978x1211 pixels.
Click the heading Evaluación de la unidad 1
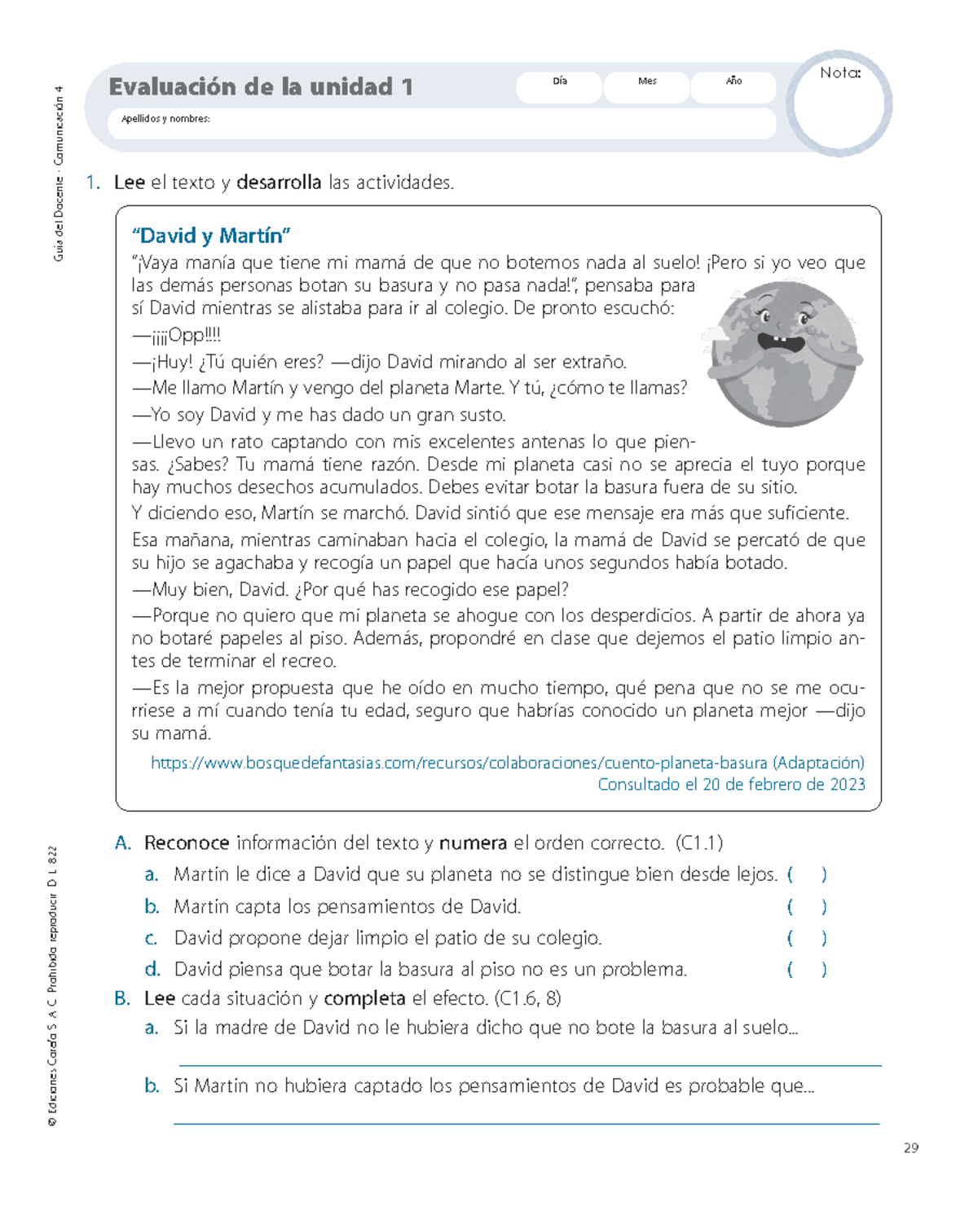point(261,86)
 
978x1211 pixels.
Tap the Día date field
point(560,87)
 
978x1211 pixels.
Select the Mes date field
point(647,87)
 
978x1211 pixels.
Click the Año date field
point(733,87)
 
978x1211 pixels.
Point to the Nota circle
point(839,104)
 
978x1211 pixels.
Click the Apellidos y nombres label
point(165,119)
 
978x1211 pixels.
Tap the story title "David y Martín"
point(212,236)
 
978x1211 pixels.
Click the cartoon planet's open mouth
point(778,340)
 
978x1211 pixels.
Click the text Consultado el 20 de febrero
point(731,784)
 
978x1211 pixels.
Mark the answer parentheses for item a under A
point(807,874)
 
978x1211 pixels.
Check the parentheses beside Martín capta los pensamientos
point(807,906)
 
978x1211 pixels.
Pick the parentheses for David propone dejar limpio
point(807,938)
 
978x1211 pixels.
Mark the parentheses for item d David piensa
point(807,969)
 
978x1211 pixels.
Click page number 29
point(911,1147)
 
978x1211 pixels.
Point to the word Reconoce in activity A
point(187,843)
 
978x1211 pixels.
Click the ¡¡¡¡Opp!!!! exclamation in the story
point(177,335)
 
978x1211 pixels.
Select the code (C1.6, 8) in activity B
point(527,998)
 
